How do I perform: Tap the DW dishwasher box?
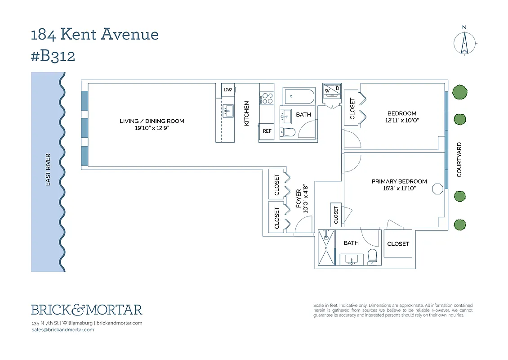[228, 90]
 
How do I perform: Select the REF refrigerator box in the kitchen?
[267, 131]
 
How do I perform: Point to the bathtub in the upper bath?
[299, 96]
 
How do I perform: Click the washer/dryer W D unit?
[332, 90]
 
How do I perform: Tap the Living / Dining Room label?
[152, 121]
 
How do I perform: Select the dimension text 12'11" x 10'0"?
[402, 121]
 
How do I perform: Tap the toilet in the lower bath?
[372, 257]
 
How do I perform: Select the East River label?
[48, 170]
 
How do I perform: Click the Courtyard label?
[459, 160]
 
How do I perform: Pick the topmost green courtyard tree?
[459, 92]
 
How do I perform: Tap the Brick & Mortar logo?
[86, 310]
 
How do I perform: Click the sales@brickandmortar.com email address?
[63, 330]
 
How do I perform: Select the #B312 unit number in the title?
[53, 56]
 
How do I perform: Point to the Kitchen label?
[246, 113]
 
